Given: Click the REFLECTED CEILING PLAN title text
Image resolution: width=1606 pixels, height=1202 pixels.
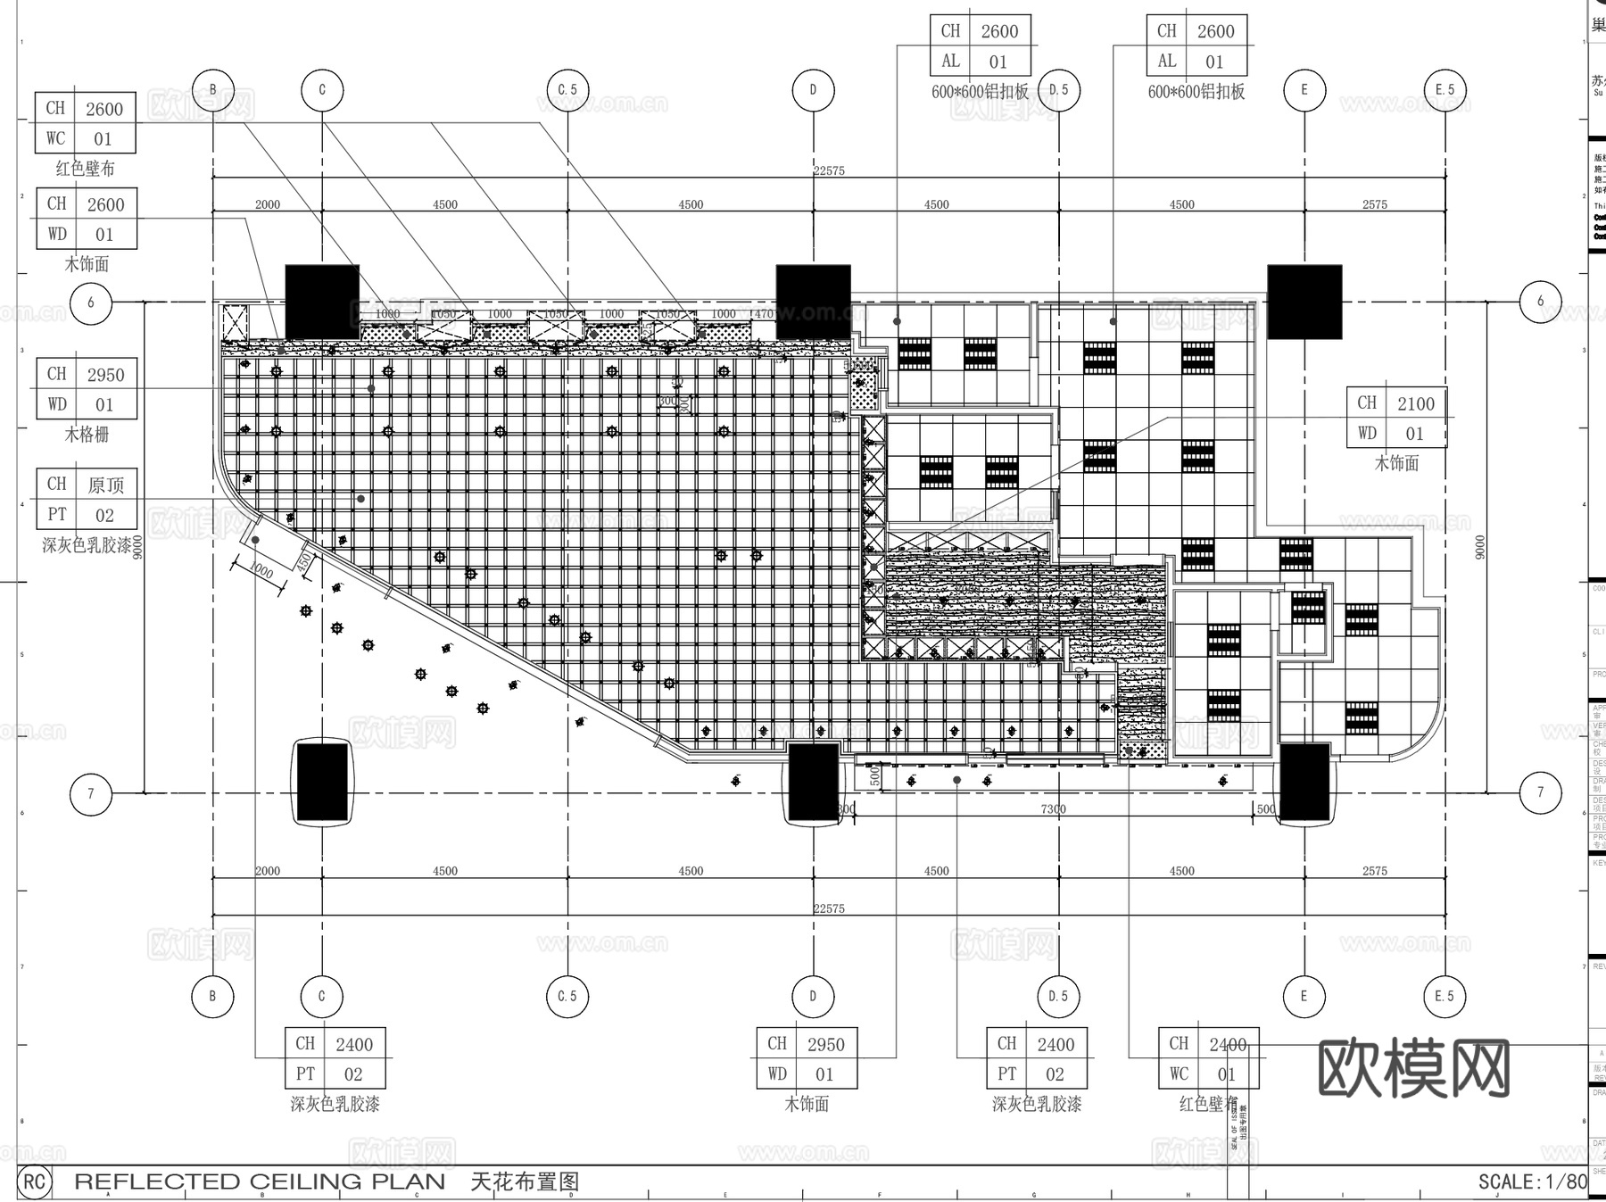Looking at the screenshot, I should pos(259,1181).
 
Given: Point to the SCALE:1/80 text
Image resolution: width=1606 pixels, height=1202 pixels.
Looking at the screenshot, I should pos(1532,1181).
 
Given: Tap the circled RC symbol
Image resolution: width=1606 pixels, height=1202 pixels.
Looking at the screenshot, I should pos(34,1182).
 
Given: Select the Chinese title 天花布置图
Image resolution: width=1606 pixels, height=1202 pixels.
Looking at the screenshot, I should pos(525,1181).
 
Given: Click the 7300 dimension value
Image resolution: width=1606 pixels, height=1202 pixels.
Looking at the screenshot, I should pos(1053,809).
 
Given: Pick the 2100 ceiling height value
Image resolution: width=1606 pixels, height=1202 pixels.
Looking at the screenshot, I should pos(1415,404).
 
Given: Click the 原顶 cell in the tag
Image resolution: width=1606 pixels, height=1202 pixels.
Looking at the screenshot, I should pos(105,485).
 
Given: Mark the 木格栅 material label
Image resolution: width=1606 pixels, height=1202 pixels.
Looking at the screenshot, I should pos(87,435).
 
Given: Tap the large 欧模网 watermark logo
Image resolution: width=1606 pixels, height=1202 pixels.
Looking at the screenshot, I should pos(1413,1068).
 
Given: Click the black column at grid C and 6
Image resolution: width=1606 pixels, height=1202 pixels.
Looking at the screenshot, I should pos(322,302).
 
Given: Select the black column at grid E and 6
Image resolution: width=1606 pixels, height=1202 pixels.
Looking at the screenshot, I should pos(1304,302).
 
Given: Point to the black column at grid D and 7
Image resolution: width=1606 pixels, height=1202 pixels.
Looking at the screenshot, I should pos(813,783).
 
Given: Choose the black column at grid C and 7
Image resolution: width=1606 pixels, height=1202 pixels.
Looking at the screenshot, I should pos(322,783).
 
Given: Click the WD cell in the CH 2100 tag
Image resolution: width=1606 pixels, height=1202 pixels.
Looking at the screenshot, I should pos(1367,434).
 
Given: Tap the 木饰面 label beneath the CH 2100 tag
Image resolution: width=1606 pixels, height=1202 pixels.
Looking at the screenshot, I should pos(1396,463).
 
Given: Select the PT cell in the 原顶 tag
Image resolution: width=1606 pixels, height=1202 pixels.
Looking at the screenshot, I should pos(57,515).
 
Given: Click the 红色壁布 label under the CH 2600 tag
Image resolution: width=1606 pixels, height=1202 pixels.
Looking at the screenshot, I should pos(86,169).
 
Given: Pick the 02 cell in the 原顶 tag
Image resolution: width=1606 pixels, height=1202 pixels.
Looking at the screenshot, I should pos(105,515).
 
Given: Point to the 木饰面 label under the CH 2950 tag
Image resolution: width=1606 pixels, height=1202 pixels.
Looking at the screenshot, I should pos(807,1104).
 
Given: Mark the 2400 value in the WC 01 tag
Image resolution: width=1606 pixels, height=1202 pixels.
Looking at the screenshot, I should pos(1228,1044).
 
